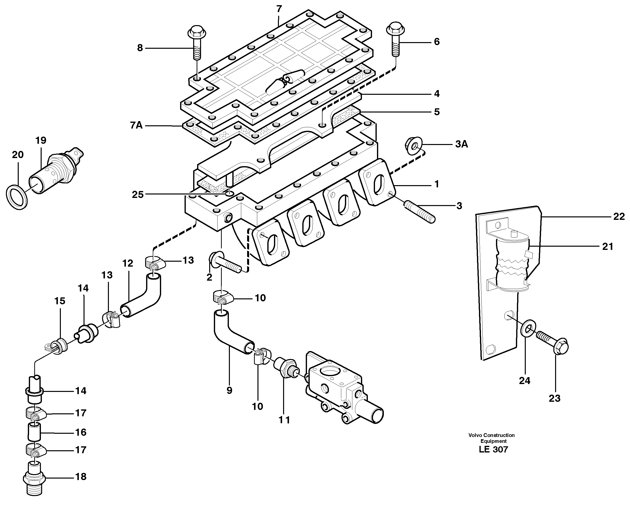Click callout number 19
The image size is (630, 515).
41,140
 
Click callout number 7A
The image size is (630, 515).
136,126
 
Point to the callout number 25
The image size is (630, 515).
137,195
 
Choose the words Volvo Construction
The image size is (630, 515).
491,435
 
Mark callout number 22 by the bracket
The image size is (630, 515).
619,217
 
